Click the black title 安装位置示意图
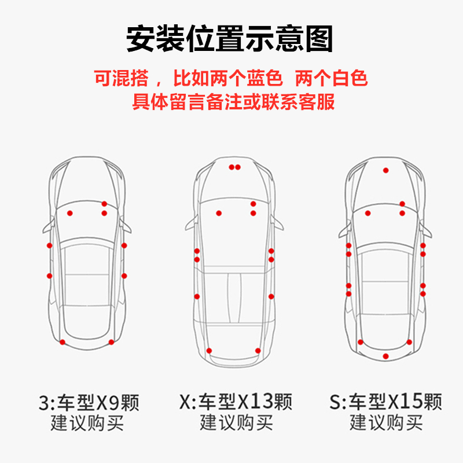coord(230,39)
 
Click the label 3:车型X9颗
coord(89,402)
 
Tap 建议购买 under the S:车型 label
coord(386,422)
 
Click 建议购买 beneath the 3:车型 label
coord(87,422)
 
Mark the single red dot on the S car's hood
coord(385,170)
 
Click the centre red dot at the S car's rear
coord(386,355)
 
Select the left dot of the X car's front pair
coord(231,167)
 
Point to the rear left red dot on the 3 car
coord(63,343)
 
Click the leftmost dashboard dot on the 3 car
coord(70,213)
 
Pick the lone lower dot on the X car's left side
coord(197,296)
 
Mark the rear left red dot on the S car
coord(361,342)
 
